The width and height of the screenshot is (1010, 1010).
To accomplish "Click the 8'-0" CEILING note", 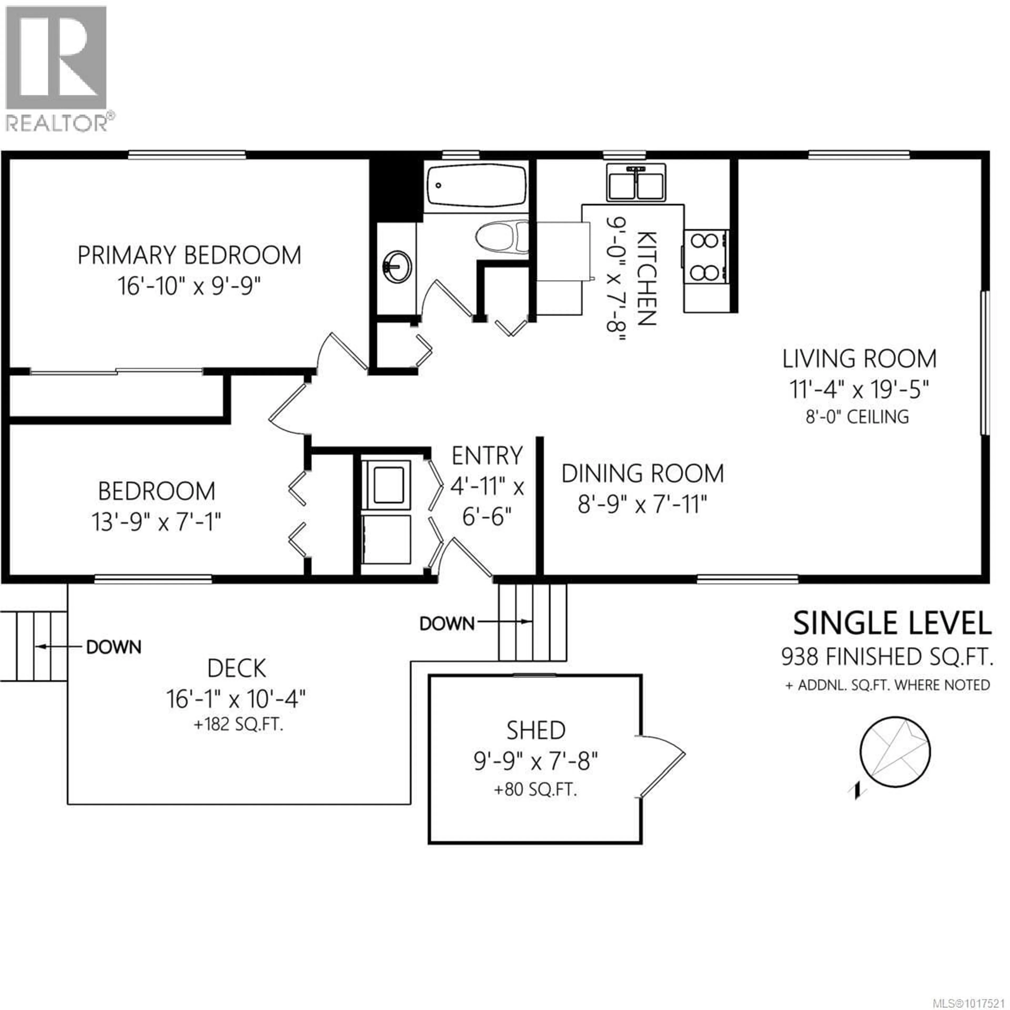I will click(857, 417).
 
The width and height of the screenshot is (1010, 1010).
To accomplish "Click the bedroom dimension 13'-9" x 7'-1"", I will click(156, 522).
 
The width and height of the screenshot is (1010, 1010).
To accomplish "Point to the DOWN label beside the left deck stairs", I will click(113, 647).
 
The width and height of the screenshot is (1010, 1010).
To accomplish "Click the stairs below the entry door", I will click(532, 622).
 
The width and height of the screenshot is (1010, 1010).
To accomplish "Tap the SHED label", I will click(536, 730).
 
